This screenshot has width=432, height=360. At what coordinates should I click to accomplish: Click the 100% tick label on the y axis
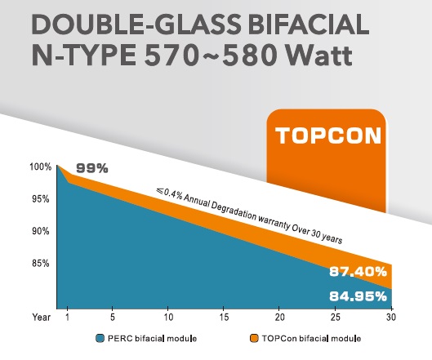coord(41,167)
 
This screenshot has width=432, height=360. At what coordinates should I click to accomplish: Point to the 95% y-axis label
coord(41,199)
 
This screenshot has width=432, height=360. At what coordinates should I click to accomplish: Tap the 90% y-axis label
coord(41,231)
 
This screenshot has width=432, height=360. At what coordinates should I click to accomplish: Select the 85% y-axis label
coord(41,264)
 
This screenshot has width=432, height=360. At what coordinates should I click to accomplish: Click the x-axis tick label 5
coord(113,317)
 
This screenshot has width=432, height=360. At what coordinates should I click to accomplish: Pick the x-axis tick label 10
coord(168,317)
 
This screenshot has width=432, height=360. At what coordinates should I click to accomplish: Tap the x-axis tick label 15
coord(224,317)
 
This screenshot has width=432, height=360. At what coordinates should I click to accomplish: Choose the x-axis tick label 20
coord(279,317)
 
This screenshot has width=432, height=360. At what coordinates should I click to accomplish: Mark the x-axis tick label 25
coord(335,317)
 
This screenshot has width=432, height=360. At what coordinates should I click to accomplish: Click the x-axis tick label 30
coord(390,317)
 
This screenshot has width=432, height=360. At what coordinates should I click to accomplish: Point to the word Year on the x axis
coord(42,317)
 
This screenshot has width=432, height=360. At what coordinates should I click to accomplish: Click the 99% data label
coord(92,168)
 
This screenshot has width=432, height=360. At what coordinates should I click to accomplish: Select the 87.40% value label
coord(359,272)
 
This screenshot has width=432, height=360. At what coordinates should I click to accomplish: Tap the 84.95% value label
coord(359,296)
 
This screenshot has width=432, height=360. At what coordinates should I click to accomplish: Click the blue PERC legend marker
coord(100,338)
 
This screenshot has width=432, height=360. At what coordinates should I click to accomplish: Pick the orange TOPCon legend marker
coord(254,338)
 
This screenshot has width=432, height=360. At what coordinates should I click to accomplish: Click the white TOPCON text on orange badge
coord(328,136)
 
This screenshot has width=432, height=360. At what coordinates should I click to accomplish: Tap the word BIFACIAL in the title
coord(309,24)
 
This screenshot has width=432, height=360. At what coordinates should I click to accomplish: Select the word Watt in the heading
coord(319,55)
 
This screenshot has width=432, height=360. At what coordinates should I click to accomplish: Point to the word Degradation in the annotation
coord(234,211)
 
